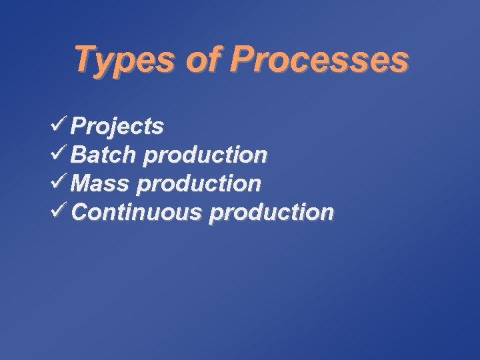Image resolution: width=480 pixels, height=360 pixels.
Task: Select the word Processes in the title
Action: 318,60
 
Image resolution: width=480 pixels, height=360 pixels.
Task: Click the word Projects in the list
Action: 117,126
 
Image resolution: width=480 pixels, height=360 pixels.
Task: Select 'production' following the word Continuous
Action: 271,213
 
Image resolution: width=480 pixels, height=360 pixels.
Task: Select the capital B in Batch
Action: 79,155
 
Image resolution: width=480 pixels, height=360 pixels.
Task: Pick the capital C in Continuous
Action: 79,212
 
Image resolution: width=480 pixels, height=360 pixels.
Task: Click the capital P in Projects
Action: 79,125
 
